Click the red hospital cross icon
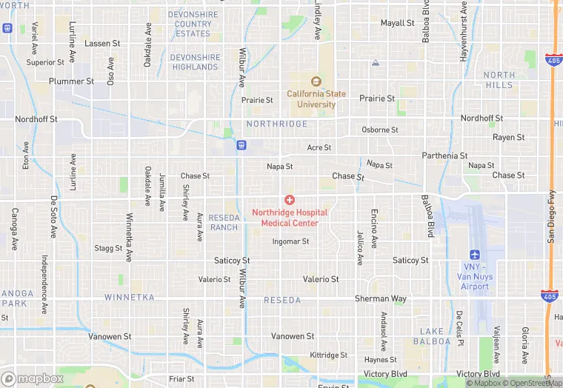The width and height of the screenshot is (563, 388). point(290,200)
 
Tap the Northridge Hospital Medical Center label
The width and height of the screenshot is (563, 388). point(290,218)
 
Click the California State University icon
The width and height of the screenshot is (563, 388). point(316,81)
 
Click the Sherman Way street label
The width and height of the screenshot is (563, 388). point(380,298)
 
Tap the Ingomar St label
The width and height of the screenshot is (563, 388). point(290,241)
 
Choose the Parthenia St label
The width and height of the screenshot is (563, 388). point(444,155)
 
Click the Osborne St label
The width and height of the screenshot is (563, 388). point(380,130)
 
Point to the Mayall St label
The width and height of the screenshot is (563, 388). point(397,23)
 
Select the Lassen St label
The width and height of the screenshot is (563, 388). point(102,44)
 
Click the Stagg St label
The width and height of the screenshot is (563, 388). point(108,249)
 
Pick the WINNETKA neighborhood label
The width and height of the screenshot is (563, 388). point(129,298)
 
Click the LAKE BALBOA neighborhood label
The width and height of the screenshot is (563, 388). point(435,336)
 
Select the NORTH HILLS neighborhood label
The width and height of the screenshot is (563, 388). point(499,80)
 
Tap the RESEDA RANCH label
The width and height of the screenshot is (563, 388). point(224,222)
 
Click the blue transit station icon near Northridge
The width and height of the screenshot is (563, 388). point(241,144)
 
